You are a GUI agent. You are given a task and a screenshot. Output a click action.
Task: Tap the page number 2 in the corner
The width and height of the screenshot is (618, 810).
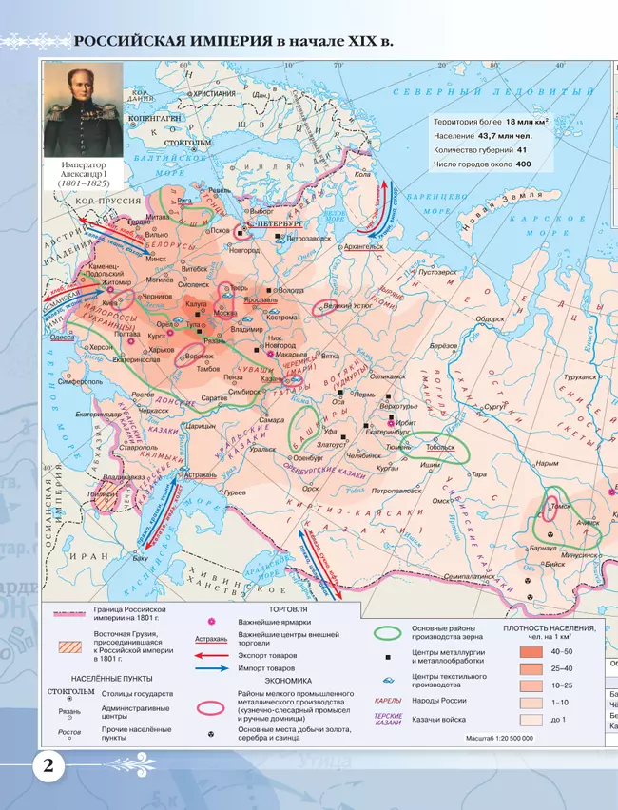tap(47, 766)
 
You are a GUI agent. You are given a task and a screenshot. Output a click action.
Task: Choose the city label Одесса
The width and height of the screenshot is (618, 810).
tap(63, 337)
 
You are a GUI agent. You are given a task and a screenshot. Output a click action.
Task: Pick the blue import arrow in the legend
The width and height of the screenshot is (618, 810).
tap(210, 669)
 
